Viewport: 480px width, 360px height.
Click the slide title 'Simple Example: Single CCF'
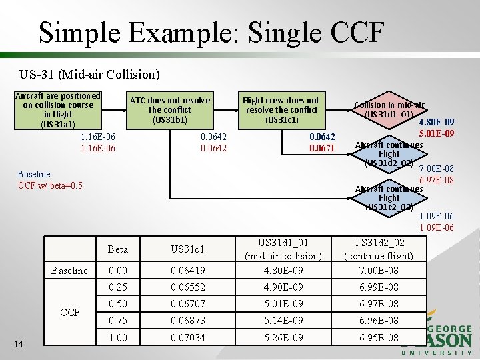211,31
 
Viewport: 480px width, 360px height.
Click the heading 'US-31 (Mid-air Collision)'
90,73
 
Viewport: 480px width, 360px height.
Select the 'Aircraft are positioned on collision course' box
58,109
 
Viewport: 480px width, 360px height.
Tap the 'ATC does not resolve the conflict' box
169,109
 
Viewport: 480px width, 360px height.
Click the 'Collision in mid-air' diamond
389,109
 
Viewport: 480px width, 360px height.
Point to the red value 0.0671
322,148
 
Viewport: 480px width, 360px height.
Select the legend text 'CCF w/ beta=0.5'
50,185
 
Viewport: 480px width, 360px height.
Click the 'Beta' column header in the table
117,249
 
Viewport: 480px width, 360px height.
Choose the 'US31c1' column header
187,249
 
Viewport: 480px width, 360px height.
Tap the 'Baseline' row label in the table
69,270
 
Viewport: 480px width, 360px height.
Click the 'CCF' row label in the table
69,312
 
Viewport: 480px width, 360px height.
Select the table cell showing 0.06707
187,304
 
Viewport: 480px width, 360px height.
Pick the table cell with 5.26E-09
283,338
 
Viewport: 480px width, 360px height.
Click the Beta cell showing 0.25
117,287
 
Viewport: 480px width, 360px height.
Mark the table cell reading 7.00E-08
379,270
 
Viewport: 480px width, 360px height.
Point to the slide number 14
19,344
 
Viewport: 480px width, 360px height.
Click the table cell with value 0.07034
187,338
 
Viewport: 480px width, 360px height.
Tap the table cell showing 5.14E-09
283,321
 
